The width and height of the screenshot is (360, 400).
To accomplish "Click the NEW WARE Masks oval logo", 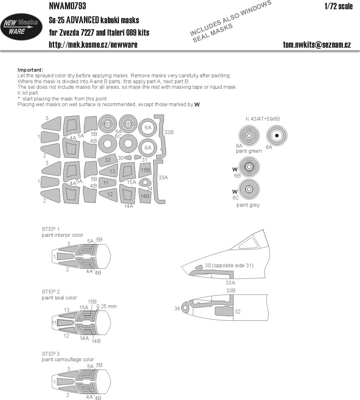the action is pos(21,27).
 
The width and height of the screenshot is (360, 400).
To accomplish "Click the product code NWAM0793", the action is pos(67,6).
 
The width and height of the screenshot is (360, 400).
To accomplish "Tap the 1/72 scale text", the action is pos(338,6).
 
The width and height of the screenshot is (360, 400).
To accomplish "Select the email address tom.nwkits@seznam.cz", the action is pos(317,45).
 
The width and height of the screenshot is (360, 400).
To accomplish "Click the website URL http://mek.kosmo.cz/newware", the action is pos(93,45).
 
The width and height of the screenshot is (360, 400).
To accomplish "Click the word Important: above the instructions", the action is pos(30,70).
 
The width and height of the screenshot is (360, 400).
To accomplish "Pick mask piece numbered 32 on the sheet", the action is pos(108,160).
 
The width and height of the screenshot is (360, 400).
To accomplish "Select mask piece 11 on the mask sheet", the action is pos(107,183).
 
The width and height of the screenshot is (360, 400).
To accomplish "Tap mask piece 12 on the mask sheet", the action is pos(108,194).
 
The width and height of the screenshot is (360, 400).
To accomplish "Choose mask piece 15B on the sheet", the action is pos(145,170).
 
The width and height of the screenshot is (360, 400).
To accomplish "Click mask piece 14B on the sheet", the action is pos(145,196).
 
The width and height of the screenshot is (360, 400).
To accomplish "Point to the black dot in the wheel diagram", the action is pos(277,136).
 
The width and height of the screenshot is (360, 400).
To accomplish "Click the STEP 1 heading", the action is pos(50,229).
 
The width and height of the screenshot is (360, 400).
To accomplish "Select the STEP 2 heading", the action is pos(50,292).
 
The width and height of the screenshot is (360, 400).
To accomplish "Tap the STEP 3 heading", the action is pos(50,354).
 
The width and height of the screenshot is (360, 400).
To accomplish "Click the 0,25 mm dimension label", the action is pos(107,306).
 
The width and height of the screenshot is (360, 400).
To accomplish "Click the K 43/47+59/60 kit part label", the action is pos(263,119).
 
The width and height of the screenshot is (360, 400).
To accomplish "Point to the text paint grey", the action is pos(248,205).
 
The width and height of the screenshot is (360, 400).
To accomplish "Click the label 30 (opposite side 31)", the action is pos(229,266).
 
